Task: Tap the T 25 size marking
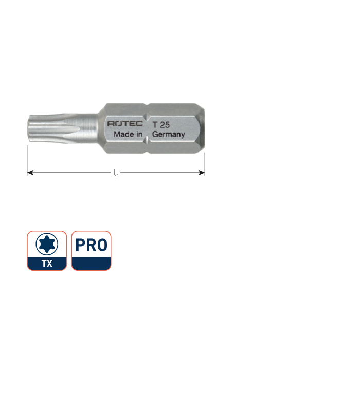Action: tap(161, 124)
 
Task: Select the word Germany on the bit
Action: tap(168, 135)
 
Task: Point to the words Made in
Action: tap(128, 135)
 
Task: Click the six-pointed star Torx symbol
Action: tap(47, 244)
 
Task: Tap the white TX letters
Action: tap(47, 264)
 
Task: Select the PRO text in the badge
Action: tap(91, 245)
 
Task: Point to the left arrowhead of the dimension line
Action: tap(29, 173)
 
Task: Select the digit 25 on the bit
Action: tap(165, 124)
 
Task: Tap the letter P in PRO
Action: tap(81, 245)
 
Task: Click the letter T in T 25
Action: tap(154, 124)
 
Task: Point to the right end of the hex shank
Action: tap(203, 128)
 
